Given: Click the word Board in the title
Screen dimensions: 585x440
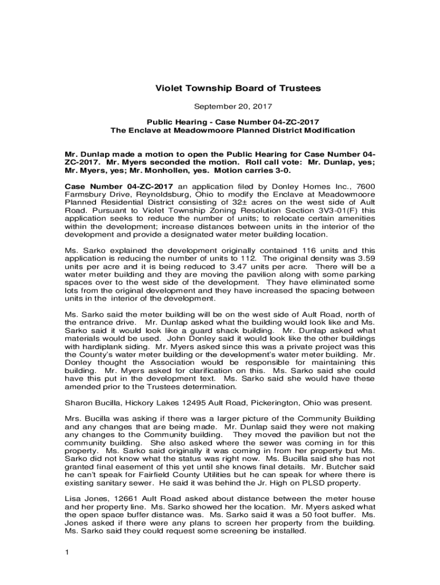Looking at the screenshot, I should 228,89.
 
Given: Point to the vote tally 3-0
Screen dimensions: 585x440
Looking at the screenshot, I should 281,170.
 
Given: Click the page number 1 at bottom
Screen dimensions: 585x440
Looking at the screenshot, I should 67,552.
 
